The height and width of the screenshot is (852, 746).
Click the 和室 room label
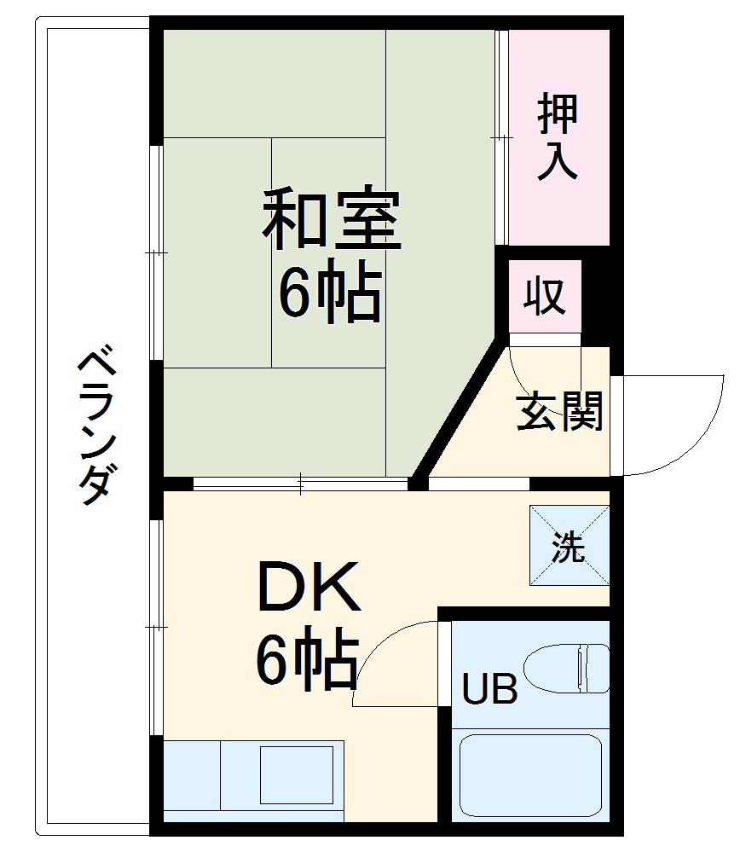pyautogui.click(x=331, y=219)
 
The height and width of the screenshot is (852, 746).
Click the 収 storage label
pyautogui.click(x=546, y=297)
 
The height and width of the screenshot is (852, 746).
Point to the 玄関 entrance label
pyautogui.click(x=560, y=412)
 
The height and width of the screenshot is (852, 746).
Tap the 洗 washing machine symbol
pyautogui.click(x=569, y=546)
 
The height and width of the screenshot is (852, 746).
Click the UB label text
pyautogui.click(x=489, y=689)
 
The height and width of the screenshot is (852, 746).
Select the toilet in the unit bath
pyautogui.click(x=566, y=667)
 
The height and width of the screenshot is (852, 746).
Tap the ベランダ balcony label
pyautogui.click(x=95, y=426)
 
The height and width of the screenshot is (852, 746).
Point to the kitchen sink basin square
pyautogui.click(x=296, y=774)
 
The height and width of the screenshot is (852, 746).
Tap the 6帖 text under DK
pyautogui.click(x=307, y=664)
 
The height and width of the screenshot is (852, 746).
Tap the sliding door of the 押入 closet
pyautogui.click(x=503, y=136)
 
